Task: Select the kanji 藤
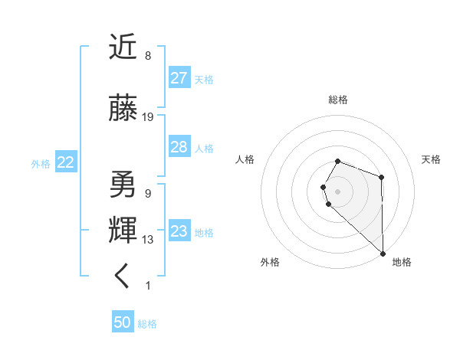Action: (x=123, y=109)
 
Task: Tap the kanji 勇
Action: (x=123, y=185)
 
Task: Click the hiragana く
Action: (x=123, y=277)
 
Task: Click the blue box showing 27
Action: (x=179, y=78)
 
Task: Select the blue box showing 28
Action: (x=179, y=147)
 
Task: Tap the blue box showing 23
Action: (x=179, y=231)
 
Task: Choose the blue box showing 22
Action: (x=66, y=162)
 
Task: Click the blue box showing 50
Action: (x=123, y=322)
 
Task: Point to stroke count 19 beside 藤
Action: (x=148, y=117)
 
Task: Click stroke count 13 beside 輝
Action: (x=148, y=240)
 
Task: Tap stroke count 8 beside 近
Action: (x=148, y=56)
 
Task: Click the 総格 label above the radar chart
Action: (x=338, y=100)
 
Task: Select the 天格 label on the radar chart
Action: (x=432, y=159)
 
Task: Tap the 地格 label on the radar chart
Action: (x=402, y=262)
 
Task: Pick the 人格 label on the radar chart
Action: (x=245, y=159)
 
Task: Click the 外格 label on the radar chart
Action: (x=270, y=262)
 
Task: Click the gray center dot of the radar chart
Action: (x=338, y=190)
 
